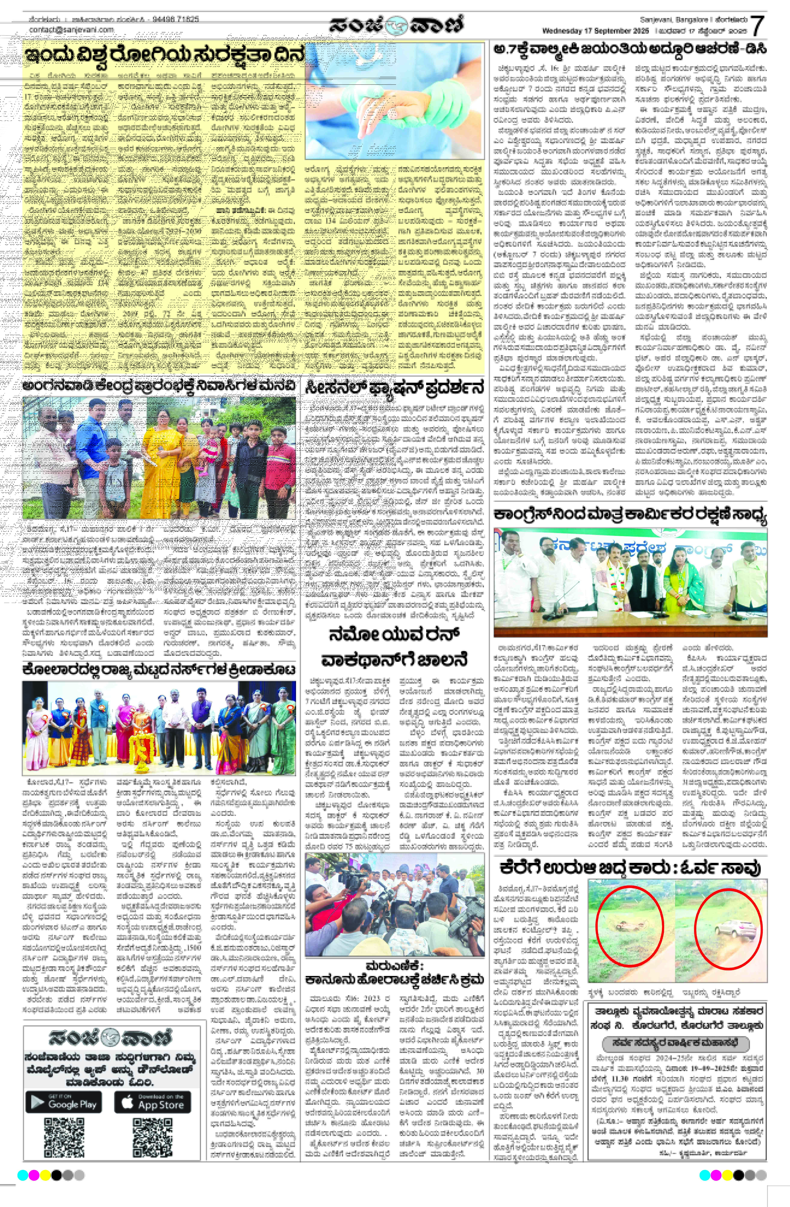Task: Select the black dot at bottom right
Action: tap(738, 1175)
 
